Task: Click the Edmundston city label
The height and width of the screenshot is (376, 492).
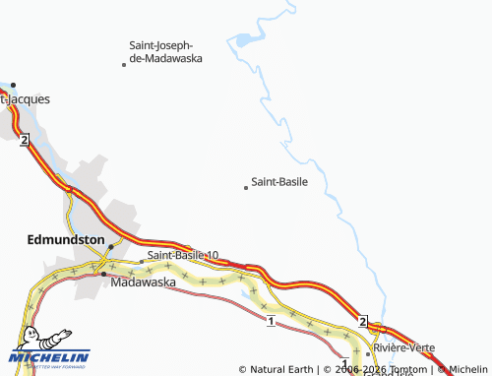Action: (x=66, y=238)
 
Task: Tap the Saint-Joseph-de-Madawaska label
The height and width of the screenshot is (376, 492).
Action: (x=166, y=52)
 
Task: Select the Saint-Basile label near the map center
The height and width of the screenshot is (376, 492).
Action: (x=280, y=182)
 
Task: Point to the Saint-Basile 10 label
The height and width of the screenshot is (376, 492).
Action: (x=182, y=255)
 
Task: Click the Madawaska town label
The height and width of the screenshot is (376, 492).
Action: (x=144, y=281)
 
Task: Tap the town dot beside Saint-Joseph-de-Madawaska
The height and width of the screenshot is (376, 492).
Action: (x=124, y=65)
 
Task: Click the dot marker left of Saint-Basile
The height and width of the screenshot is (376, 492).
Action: (x=245, y=187)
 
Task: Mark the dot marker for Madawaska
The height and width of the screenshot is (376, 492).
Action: (x=104, y=275)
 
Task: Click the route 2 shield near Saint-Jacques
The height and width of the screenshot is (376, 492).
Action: (x=23, y=141)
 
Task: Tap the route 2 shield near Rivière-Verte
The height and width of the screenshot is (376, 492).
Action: (x=363, y=323)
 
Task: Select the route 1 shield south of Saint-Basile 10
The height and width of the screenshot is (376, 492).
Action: (x=269, y=321)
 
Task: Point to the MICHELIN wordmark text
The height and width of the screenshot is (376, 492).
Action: (x=52, y=356)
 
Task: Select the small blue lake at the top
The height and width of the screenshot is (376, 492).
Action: (x=239, y=41)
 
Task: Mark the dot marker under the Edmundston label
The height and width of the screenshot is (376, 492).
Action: (x=110, y=247)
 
